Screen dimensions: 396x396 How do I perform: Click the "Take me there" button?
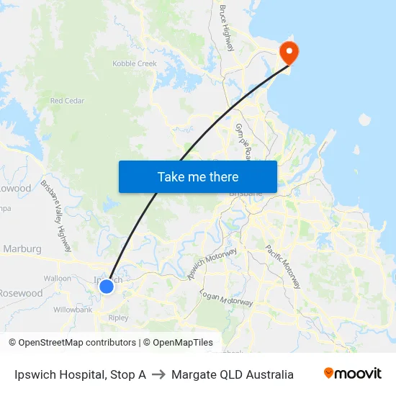click(x=198, y=176)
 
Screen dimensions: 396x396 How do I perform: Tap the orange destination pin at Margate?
click(x=289, y=51)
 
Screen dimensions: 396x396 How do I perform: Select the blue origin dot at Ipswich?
click(x=107, y=287)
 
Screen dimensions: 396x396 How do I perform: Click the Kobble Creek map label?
click(x=135, y=63)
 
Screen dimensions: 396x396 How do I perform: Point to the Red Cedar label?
click(x=67, y=101)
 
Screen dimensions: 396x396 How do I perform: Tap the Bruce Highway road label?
click(x=227, y=28)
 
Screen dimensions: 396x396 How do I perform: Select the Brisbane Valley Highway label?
click(x=56, y=216)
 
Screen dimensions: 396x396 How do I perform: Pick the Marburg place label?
click(x=22, y=249)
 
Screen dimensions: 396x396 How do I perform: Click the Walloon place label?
click(x=58, y=278)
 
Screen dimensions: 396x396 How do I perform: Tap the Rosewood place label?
click(x=21, y=294)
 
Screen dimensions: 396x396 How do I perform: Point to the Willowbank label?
click(x=73, y=310)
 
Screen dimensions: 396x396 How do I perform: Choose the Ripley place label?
click(x=117, y=318)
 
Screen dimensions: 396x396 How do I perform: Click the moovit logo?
click(x=353, y=374)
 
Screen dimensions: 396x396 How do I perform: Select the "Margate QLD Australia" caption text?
click(x=233, y=374)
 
